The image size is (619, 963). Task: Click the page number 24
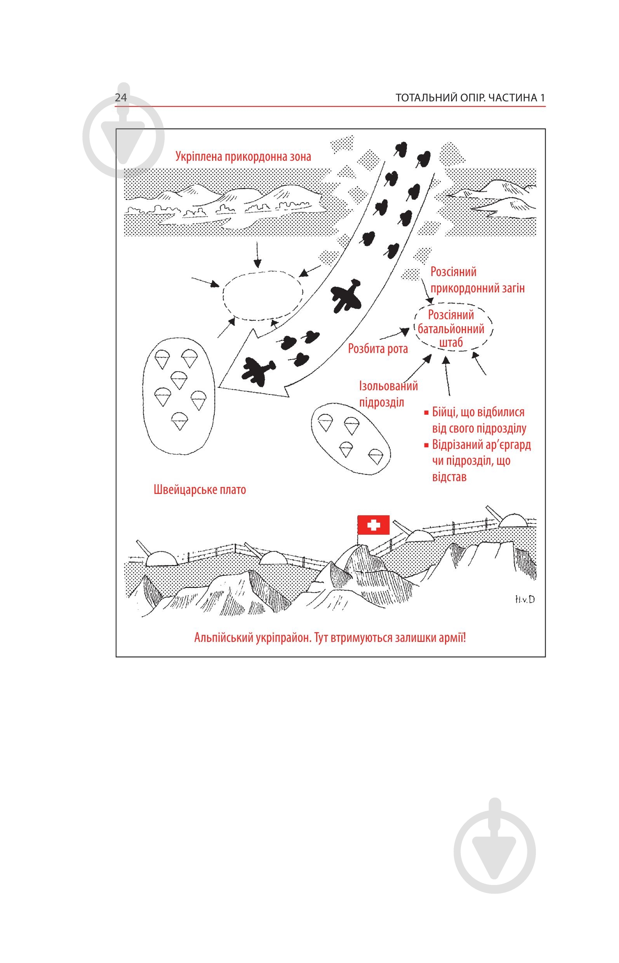click(x=121, y=98)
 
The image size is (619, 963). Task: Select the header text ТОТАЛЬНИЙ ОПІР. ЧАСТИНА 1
click(x=470, y=98)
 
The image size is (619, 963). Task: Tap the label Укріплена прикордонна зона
click(x=243, y=156)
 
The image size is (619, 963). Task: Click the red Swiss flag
click(x=374, y=525)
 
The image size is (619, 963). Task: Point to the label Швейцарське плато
click(x=200, y=490)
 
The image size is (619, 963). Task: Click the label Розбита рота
click(x=377, y=348)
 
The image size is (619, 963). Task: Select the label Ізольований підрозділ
click(x=388, y=394)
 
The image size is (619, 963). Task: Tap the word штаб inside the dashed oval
click(x=451, y=343)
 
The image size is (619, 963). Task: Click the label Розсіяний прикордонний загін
click(x=477, y=280)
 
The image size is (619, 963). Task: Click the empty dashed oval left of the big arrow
click(x=263, y=296)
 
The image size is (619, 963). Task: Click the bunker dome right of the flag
click(x=421, y=535)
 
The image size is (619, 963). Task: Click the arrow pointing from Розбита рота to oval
click(x=394, y=333)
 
